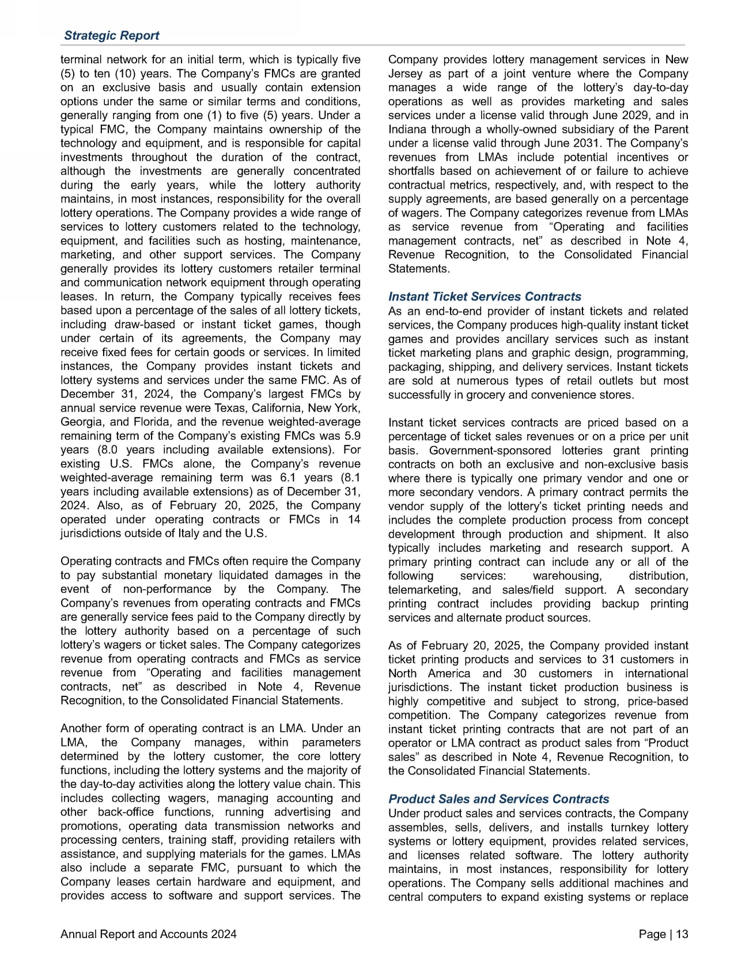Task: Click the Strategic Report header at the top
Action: (x=111, y=36)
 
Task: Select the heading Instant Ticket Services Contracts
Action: (x=485, y=297)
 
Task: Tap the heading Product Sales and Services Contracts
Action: (x=498, y=799)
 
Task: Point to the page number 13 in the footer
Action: (x=682, y=935)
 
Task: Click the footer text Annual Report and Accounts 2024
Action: (x=148, y=935)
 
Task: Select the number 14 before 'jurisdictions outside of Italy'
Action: (x=354, y=520)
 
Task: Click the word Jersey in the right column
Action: (x=406, y=74)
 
